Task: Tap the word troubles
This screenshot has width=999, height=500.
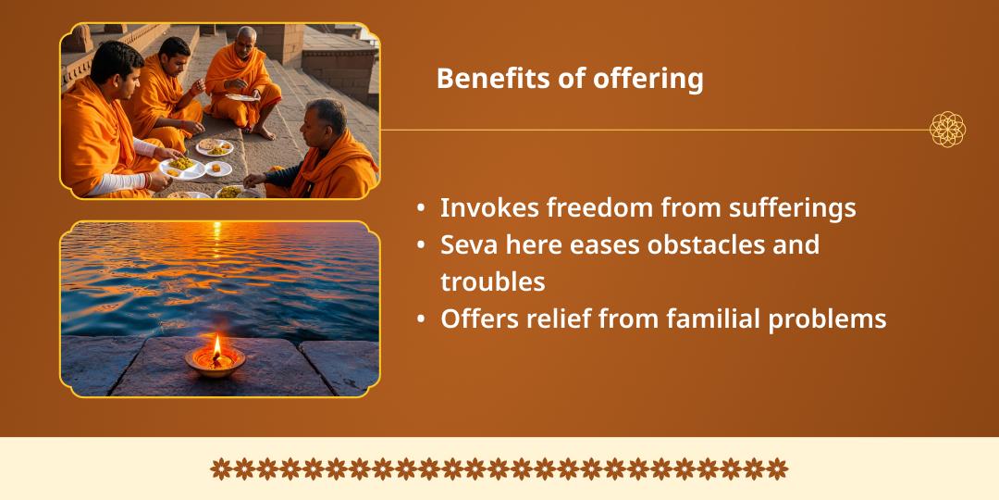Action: click(492, 281)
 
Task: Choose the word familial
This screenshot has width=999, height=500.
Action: click(713, 319)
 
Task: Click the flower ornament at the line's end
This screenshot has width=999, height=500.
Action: click(947, 130)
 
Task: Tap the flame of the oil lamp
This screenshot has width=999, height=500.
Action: click(216, 346)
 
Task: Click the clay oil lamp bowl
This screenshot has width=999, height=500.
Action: click(216, 362)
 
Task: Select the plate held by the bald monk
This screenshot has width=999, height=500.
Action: click(242, 97)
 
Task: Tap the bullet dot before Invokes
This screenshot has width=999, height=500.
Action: click(421, 208)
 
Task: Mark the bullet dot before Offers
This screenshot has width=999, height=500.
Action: click(421, 319)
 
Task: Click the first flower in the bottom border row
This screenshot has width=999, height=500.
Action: click(220, 469)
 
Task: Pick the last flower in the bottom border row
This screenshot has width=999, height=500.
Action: click(777, 469)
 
